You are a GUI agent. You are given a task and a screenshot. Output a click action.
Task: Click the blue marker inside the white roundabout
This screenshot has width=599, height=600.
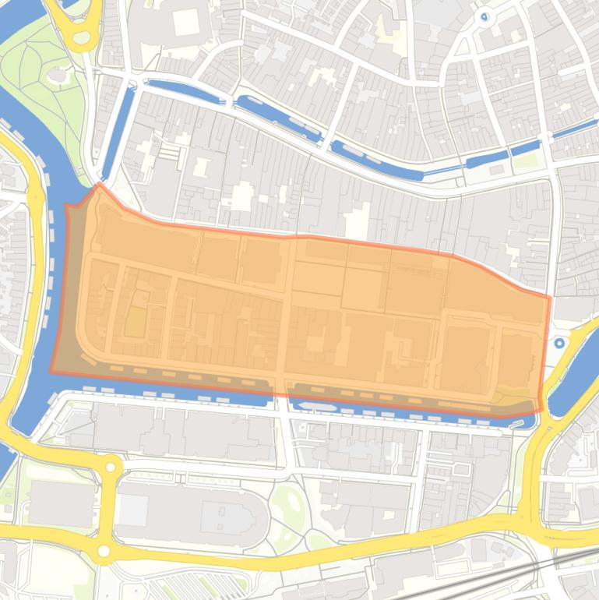pyautogui.click(x=484, y=16)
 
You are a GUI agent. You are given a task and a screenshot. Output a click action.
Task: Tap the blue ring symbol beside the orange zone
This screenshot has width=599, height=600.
pyautogui.click(x=558, y=342)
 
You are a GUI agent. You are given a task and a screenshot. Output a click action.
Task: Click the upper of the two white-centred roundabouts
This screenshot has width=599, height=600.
pyautogui.click(x=110, y=468)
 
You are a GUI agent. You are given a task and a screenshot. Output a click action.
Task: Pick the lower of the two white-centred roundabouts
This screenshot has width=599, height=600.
pyautogui.click(x=104, y=551)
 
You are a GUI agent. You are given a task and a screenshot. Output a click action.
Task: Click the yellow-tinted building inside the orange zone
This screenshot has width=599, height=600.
pyautogui.click(x=134, y=322)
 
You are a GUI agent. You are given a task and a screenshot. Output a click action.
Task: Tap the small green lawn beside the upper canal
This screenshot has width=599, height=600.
pyautogui.click(x=527, y=161)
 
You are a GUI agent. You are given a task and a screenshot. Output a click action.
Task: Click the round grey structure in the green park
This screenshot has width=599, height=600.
pyautogui.click(x=56, y=75)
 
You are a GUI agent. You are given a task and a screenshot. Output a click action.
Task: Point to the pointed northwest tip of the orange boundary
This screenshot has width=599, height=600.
pyautogui.click(x=98, y=185)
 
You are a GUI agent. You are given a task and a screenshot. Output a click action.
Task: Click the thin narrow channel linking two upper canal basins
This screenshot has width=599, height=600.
pyautogui.click(x=445, y=169)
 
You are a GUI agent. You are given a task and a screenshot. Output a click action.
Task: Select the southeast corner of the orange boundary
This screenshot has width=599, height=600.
pyautogui.click(x=540, y=411)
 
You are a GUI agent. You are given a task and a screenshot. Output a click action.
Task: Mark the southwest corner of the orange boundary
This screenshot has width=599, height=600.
pyautogui.click(x=51, y=372)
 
